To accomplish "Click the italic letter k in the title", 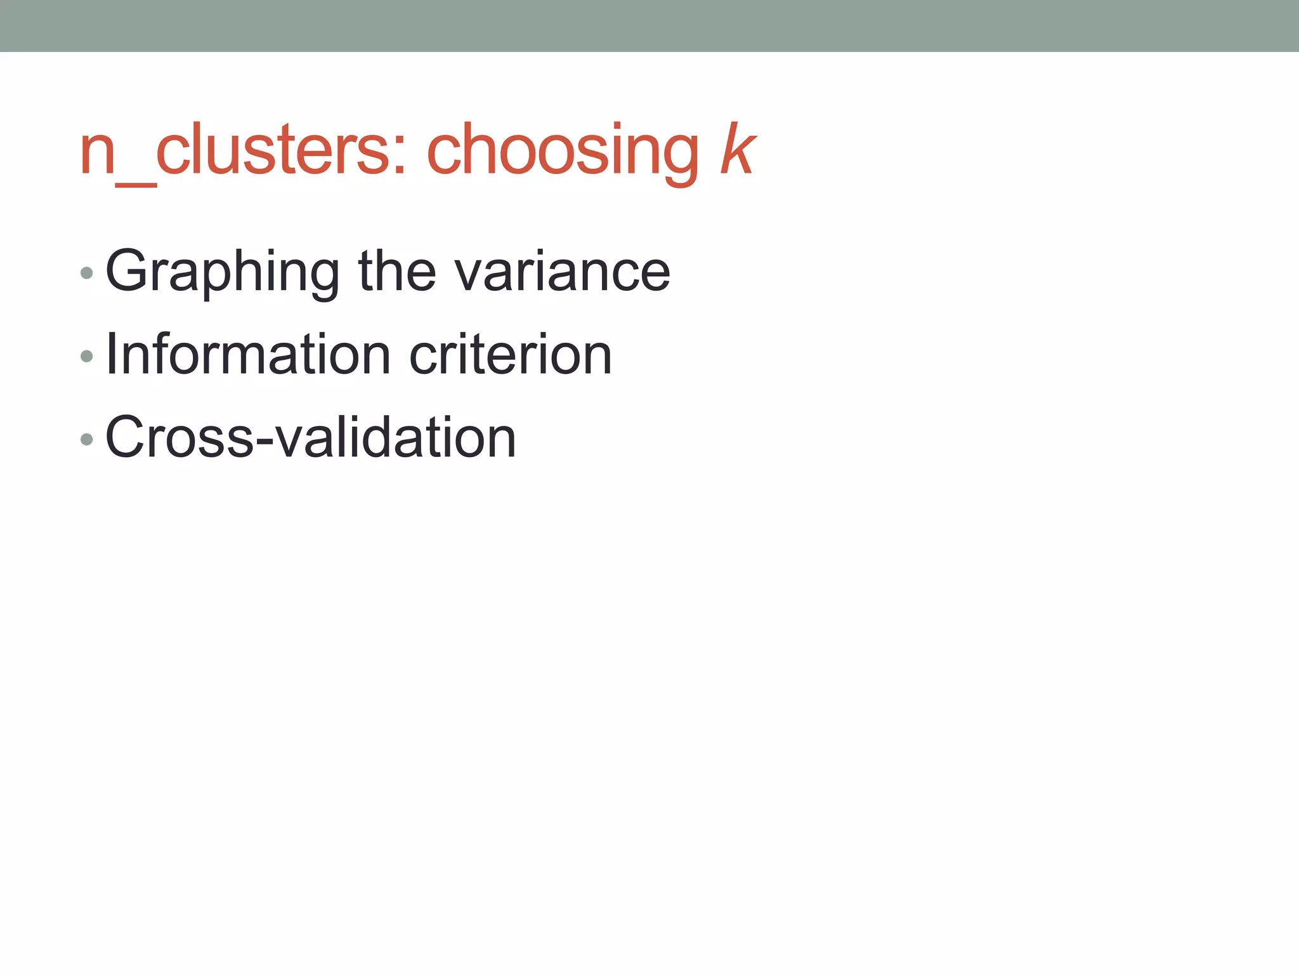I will point(738,150).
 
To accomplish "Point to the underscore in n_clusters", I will point(136,184).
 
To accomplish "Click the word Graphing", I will point(223,272).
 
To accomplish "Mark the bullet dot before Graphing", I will point(87,274).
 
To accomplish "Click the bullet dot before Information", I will point(87,356).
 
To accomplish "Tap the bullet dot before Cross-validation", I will point(87,439).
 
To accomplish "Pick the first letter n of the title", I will point(97,156).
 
